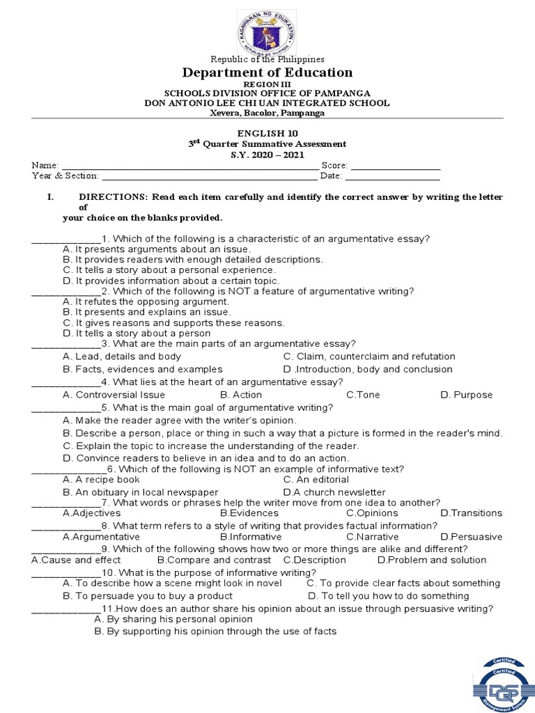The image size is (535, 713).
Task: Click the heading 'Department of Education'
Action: [x=267, y=72]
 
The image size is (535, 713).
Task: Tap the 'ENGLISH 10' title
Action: [x=267, y=133]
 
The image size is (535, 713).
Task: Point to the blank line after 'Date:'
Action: [x=397, y=177]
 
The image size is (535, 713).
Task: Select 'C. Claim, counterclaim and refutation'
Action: [x=369, y=356]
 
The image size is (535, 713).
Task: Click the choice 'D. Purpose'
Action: [x=466, y=395]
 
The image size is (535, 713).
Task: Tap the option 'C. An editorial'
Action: [x=316, y=480]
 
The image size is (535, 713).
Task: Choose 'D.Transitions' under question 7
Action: [x=471, y=513]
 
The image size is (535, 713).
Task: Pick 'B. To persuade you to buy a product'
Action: [x=148, y=596]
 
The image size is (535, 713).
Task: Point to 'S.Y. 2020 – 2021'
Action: [x=267, y=155]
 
